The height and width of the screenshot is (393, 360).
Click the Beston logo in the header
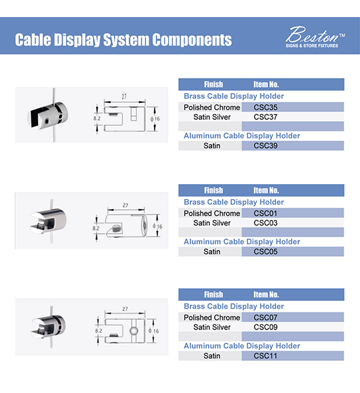pyautogui.click(x=315, y=37)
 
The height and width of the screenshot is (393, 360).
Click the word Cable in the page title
pyautogui.click(x=33, y=39)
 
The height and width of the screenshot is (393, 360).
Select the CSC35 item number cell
pyautogui.click(x=293, y=107)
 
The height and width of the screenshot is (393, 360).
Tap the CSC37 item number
pyautogui.click(x=266, y=117)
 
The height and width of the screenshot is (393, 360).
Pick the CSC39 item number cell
pyautogui.click(x=293, y=145)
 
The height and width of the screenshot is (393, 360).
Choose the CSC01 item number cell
pyautogui.click(x=293, y=213)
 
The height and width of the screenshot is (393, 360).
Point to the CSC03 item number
pyautogui.click(x=266, y=223)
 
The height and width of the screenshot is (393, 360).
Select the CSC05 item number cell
pyautogui.click(x=293, y=252)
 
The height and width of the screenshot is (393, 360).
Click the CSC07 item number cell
pyautogui.click(x=293, y=317)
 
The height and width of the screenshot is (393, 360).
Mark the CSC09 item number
pyautogui.click(x=266, y=327)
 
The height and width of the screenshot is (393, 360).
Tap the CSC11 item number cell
pyautogui.click(x=293, y=356)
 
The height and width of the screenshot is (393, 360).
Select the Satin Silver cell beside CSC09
pyautogui.click(x=212, y=327)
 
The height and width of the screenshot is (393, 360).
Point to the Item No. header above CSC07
pyautogui.click(x=266, y=295)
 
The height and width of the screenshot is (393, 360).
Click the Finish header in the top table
pyautogui.click(x=213, y=84)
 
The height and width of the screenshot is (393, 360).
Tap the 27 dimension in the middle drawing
pyautogui.click(x=125, y=205)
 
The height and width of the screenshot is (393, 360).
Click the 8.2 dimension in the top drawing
pyautogui.click(x=97, y=119)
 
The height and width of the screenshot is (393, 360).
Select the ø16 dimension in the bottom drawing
pyautogui.click(x=154, y=331)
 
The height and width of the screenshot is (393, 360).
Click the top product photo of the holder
pyautogui.click(x=48, y=115)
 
